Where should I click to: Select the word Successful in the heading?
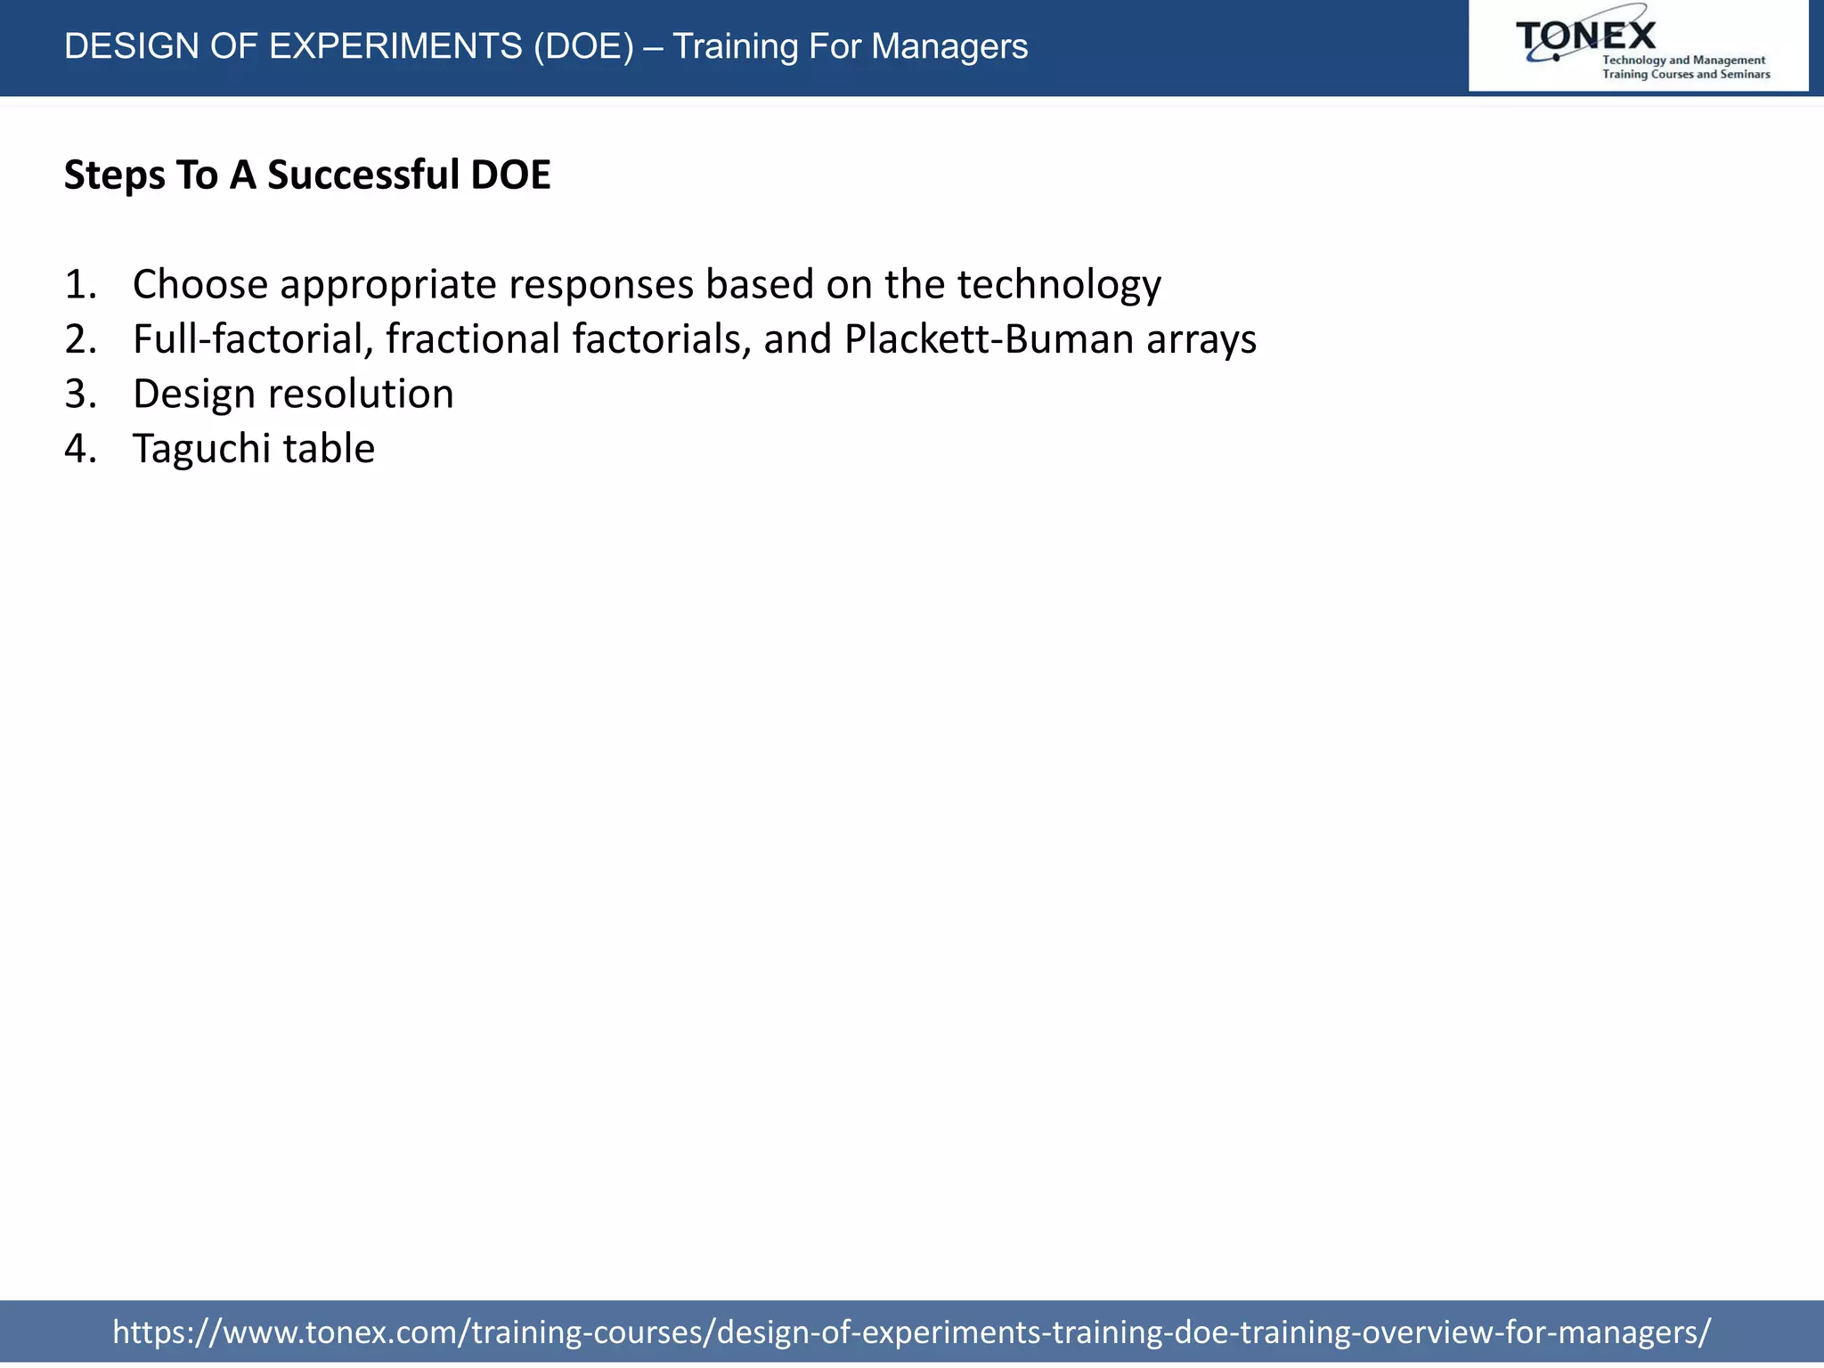pos(362,175)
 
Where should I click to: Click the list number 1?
pos(80,285)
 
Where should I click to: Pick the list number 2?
pos(80,339)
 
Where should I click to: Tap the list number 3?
pos(80,395)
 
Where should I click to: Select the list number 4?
pos(80,449)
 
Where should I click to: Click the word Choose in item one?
pos(200,285)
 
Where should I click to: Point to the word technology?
pos(1059,285)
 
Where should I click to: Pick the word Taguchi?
pos(201,449)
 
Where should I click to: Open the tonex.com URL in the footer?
pos(911,1331)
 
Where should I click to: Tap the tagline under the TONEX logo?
pos(1685,68)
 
